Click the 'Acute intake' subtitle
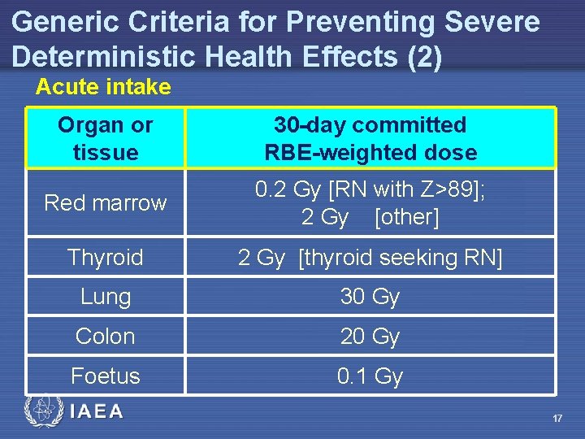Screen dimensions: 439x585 [x=103, y=87]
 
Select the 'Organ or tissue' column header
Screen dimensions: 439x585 [x=106, y=138]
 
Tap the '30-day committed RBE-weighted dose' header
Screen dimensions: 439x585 [x=370, y=138]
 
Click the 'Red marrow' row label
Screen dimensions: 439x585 [x=106, y=202]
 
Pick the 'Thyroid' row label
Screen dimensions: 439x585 [x=106, y=258]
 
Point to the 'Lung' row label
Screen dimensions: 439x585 [x=106, y=297]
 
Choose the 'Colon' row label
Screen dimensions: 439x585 [x=106, y=336]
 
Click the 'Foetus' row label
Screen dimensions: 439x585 [x=106, y=376]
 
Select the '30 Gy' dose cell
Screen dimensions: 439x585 [x=370, y=297]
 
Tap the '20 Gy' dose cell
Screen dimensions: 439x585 [x=370, y=336]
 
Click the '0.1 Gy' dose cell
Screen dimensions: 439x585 [x=370, y=376]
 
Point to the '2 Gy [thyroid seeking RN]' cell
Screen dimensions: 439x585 [x=370, y=258]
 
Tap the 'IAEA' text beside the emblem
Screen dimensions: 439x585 [x=96, y=412]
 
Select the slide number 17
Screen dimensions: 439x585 [x=557, y=418]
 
